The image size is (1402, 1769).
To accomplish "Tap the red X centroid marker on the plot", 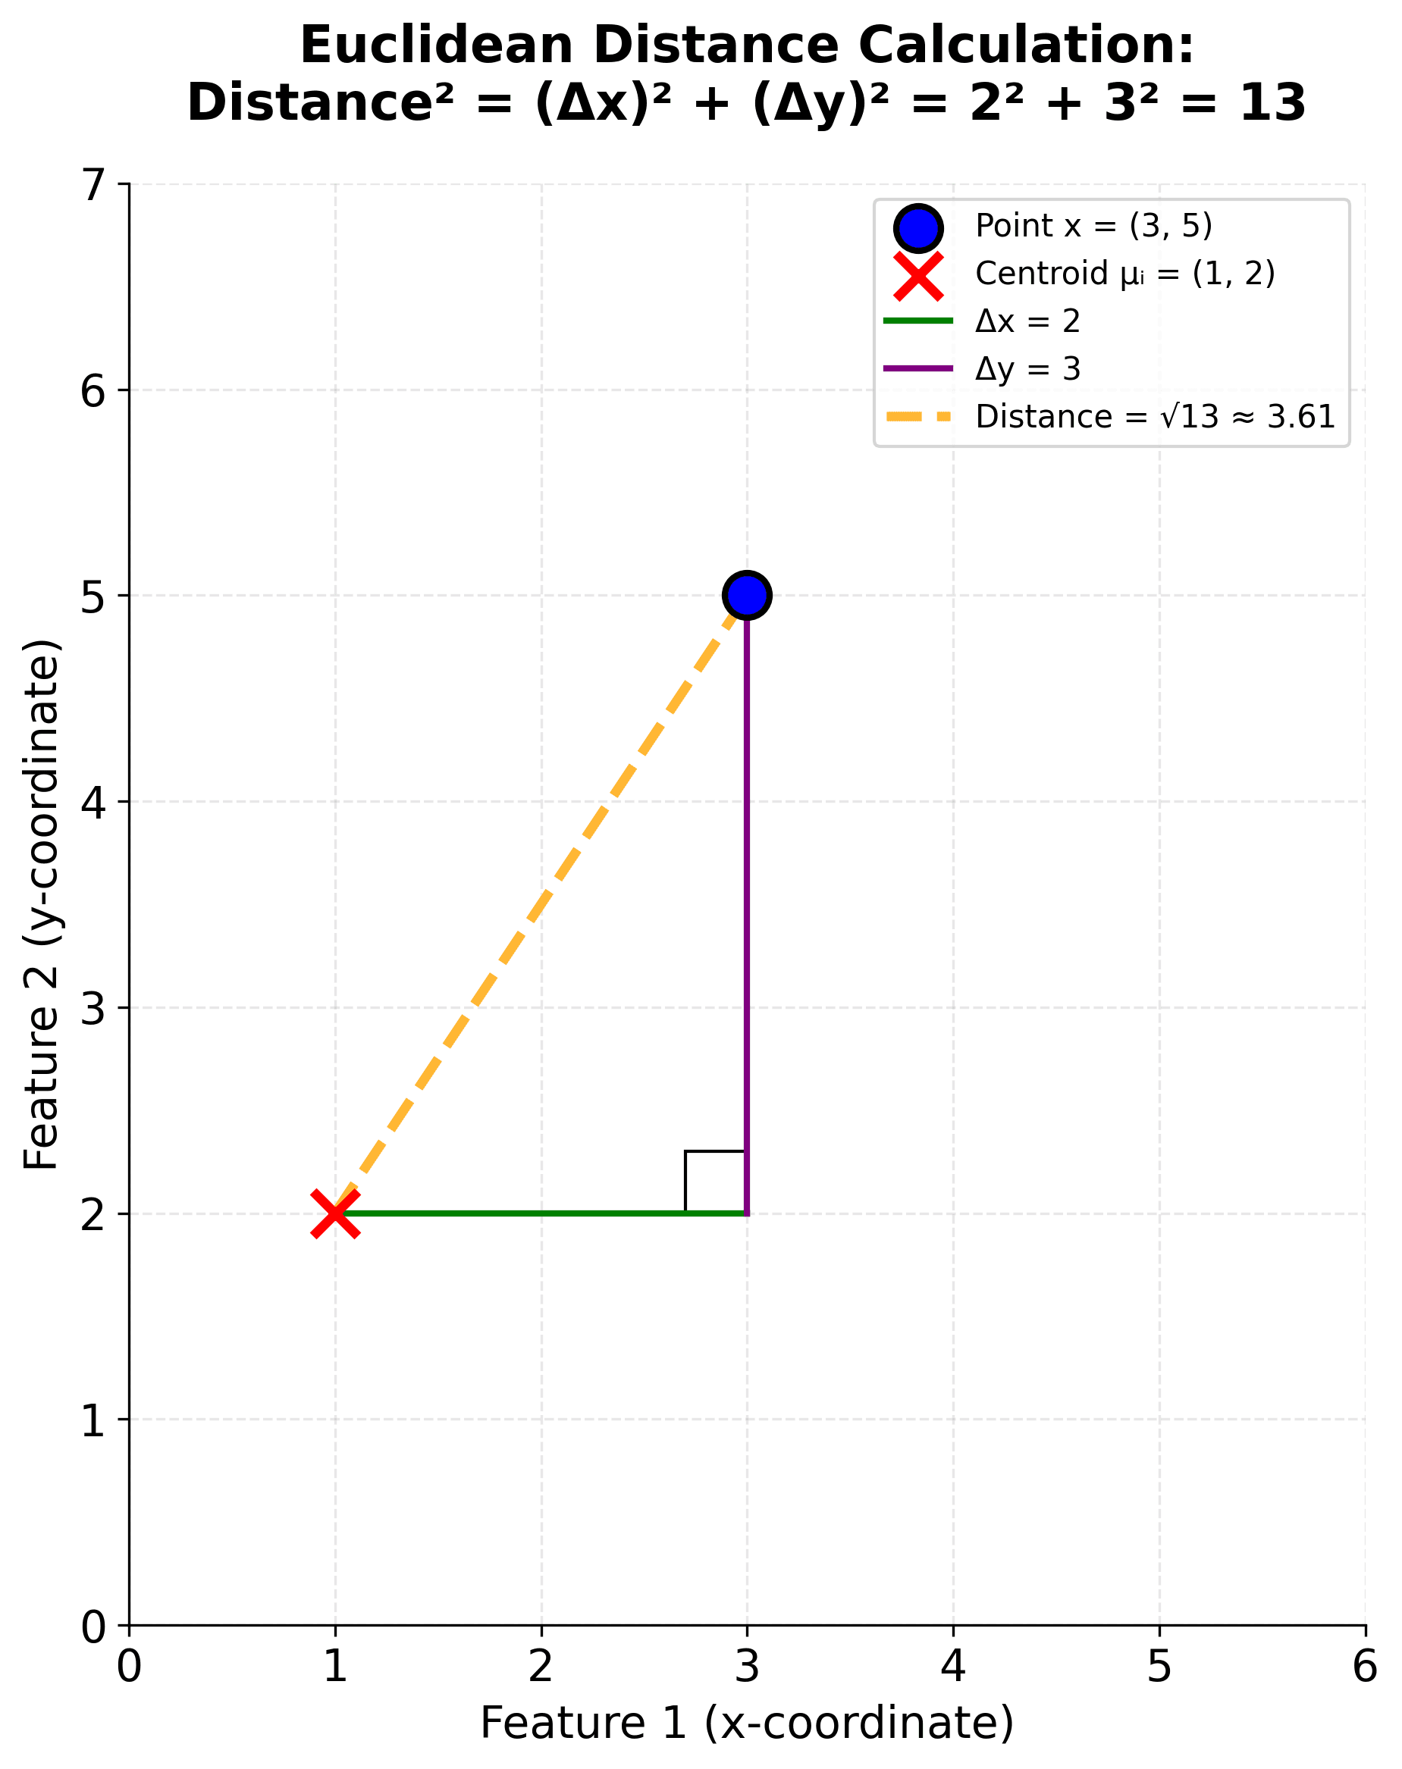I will point(335,1213).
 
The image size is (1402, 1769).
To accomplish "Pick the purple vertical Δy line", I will point(747,903).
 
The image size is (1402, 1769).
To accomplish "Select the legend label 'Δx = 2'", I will point(1027,321).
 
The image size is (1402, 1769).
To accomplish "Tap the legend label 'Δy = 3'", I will point(1027,369).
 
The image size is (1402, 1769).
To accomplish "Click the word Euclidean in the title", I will point(436,45).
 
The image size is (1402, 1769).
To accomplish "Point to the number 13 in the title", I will point(1272,104).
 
